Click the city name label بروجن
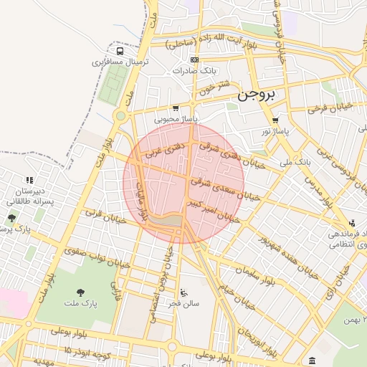(257, 94)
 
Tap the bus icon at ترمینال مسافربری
(120, 52)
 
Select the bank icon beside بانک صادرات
(194, 59)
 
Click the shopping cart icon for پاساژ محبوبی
(176, 108)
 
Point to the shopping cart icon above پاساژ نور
(275, 120)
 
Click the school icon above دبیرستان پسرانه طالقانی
(29, 180)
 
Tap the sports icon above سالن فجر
(184, 292)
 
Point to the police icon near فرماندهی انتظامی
(351, 223)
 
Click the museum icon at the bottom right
(310, 360)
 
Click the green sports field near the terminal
(109, 86)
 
